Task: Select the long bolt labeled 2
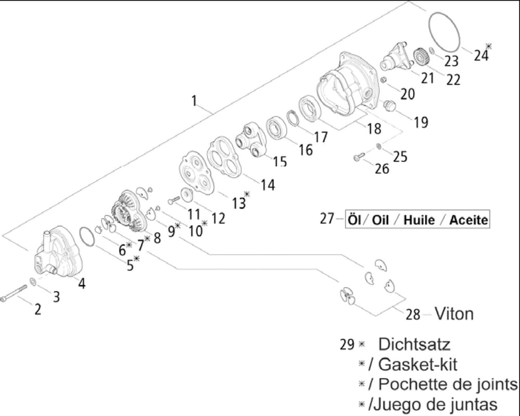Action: (14, 293)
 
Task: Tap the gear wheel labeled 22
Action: (422, 58)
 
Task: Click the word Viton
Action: (454, 314)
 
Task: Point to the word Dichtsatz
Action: (414, 344)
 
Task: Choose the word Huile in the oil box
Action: (419, 220)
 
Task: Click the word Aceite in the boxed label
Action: (469, 220)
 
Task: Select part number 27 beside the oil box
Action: (327, 219)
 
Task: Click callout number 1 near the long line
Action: (194, 100)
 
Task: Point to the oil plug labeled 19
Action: (389, 106)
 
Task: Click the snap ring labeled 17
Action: (293, 118)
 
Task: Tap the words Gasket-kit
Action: (417, 364)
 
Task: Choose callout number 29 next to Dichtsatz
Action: (347, 345)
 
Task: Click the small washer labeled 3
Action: (33, 282)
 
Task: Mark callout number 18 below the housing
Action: (374, 129)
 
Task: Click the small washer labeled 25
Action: (379, 146)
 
